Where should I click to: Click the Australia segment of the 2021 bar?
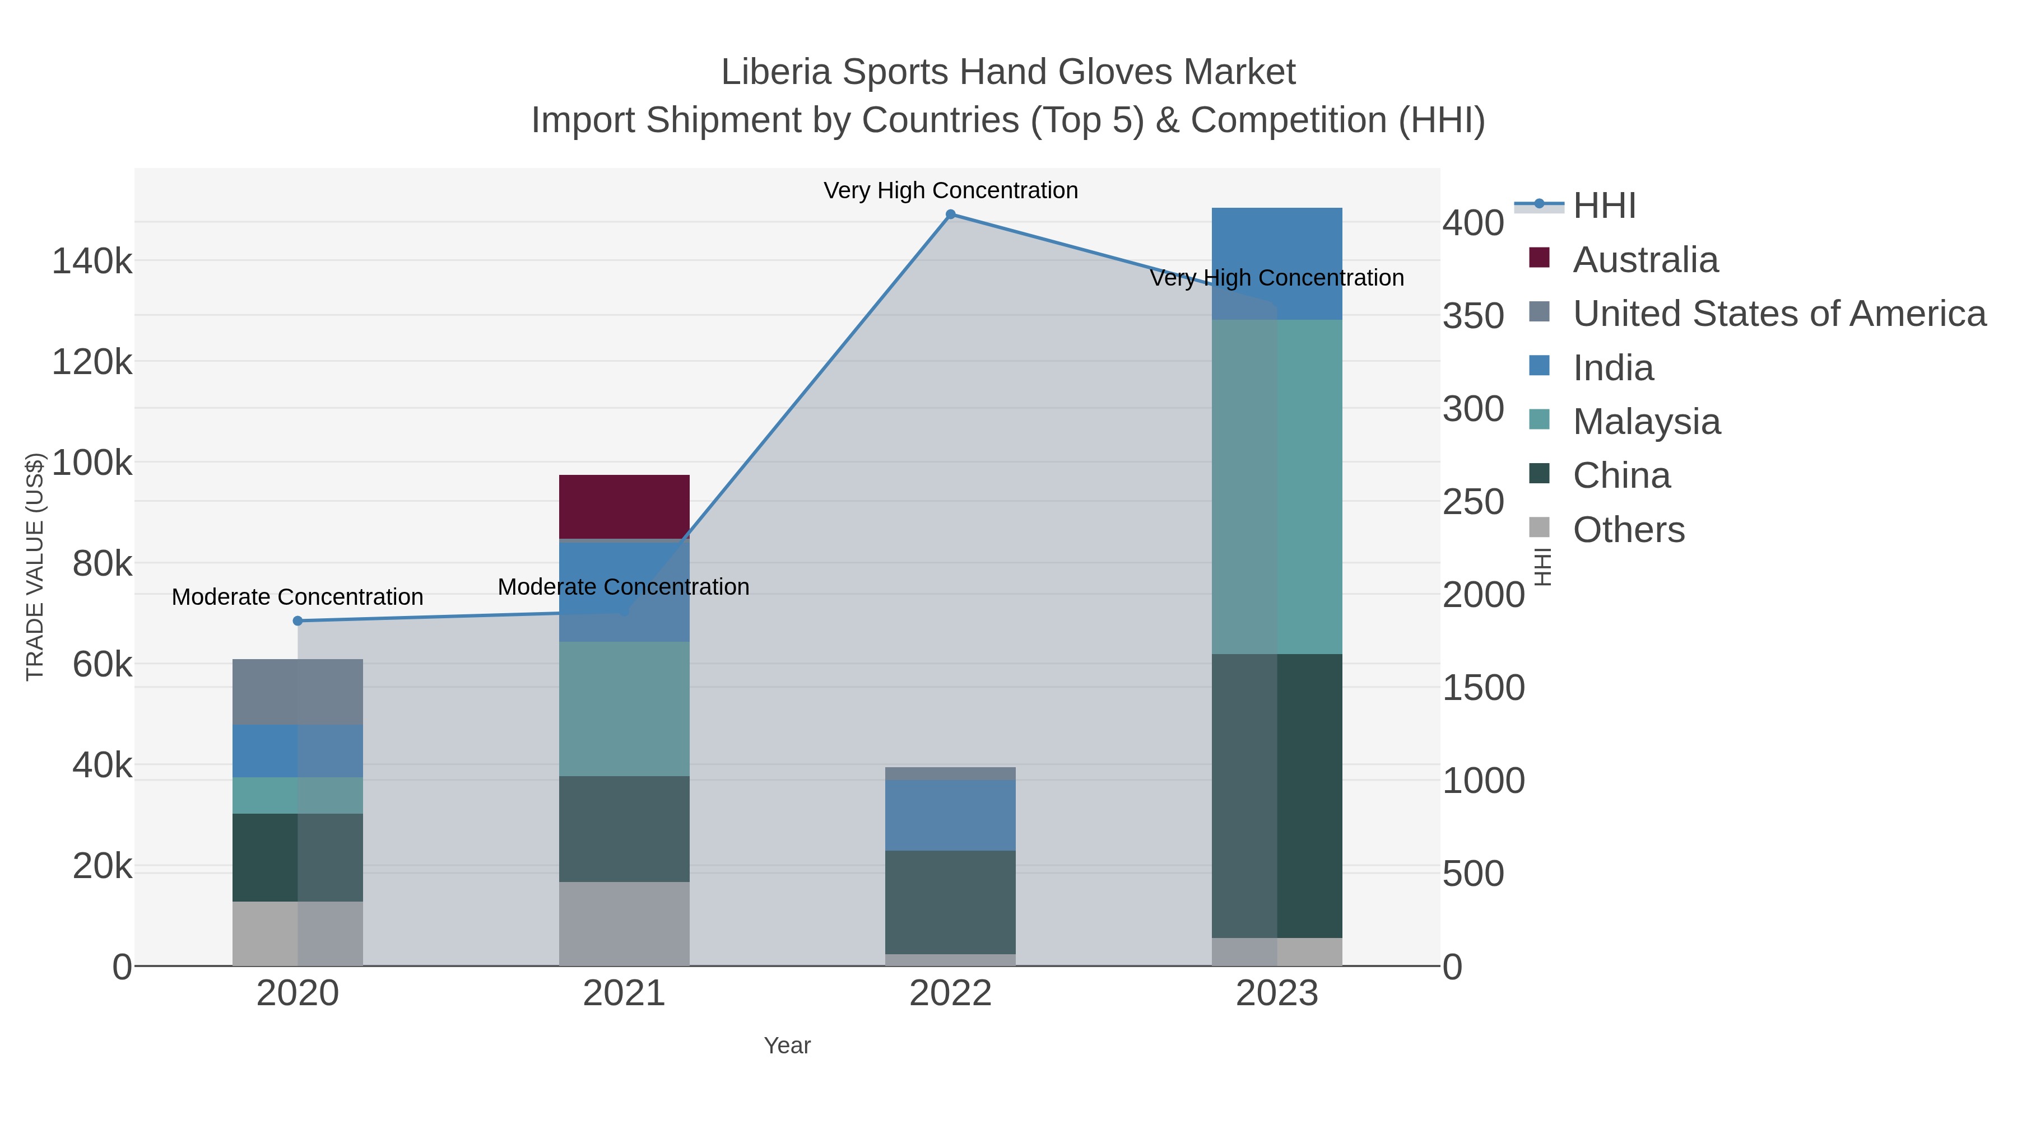point(624,506)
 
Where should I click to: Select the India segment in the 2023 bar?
point(1276,263)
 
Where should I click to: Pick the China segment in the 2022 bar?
point(950,902)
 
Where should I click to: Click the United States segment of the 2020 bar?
point(298,691)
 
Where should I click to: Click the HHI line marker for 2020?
point(298,620)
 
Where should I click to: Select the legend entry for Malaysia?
point(1646,422)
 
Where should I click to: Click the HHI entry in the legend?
point(1604,206)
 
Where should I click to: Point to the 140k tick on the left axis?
point(92,262)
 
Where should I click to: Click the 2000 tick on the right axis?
point(1483,595)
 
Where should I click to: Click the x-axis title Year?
point(787,1046)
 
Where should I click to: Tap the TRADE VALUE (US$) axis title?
point(35,567)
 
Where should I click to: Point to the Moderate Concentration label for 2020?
point(298,597)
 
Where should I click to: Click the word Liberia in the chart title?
point(775,72)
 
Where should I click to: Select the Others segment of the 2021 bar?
point(624,923)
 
